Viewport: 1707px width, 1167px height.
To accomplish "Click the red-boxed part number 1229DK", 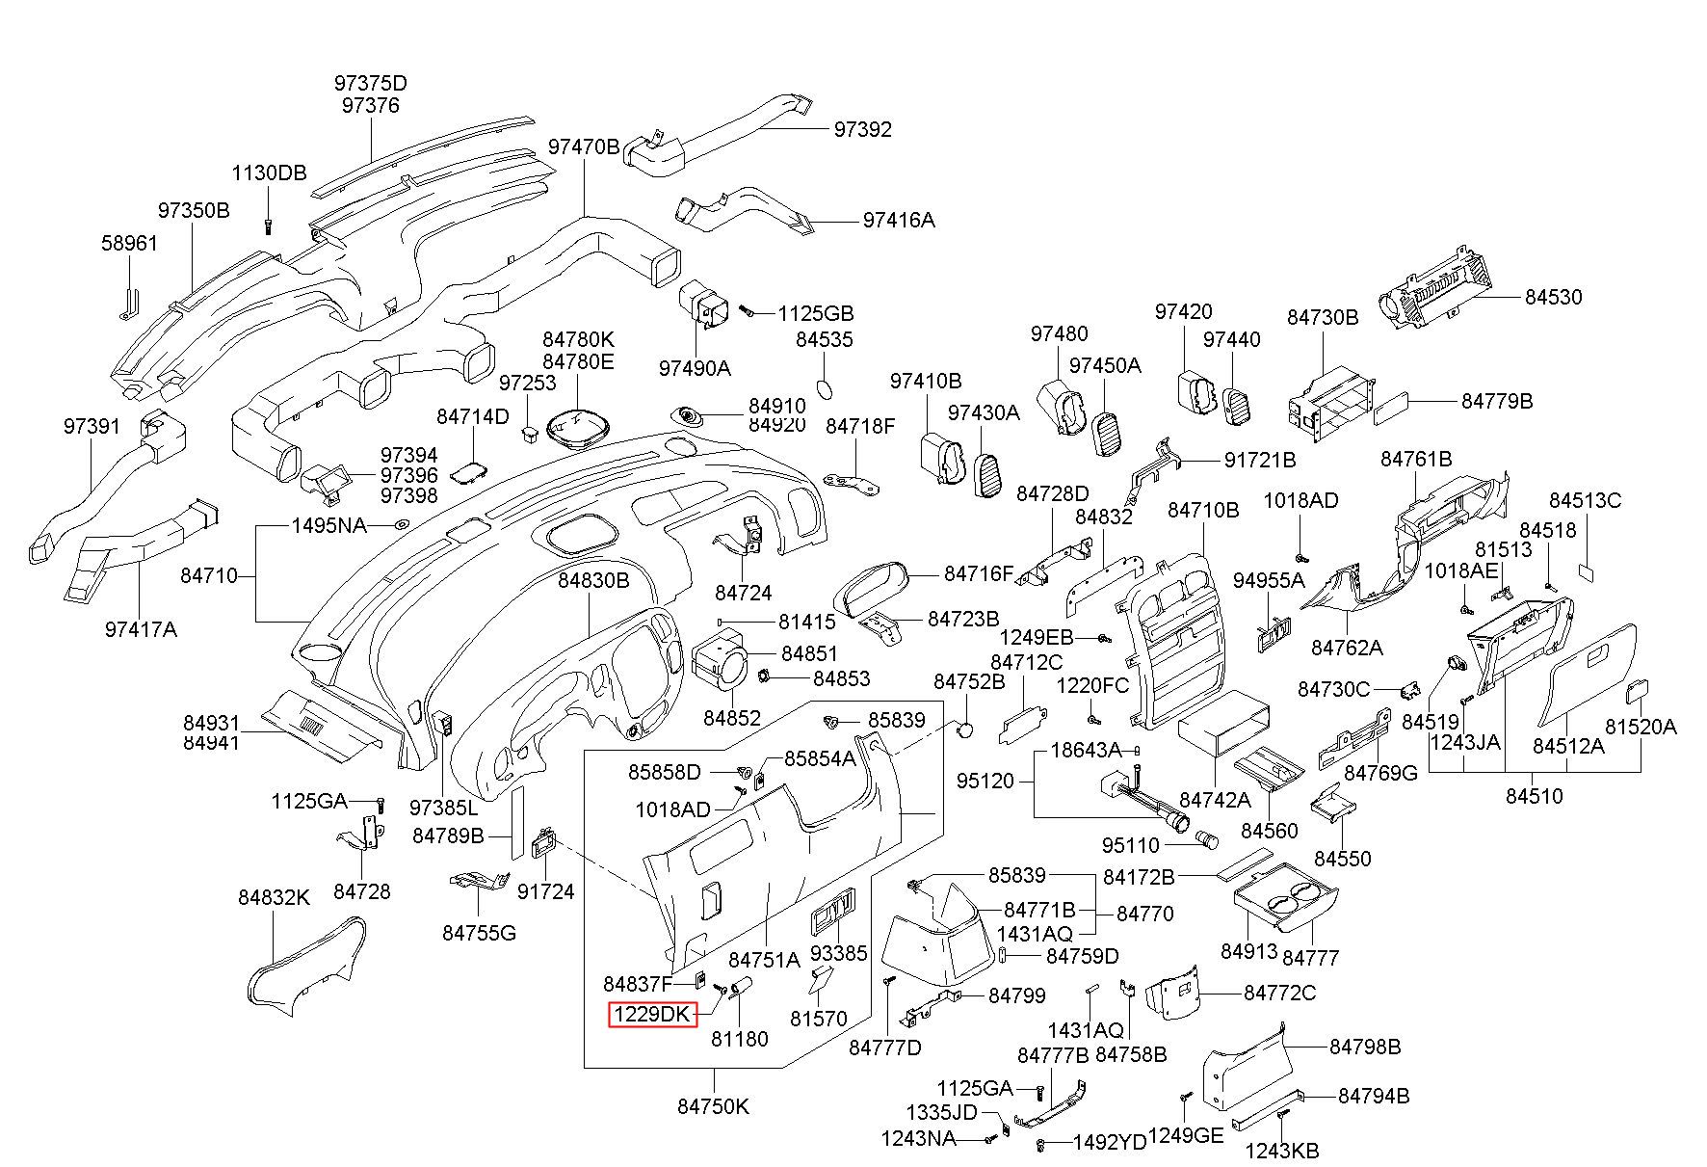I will click(x=652, y=1015).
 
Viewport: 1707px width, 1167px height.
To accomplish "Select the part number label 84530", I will click(x=1553, y=298).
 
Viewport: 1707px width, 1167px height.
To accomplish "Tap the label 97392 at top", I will click(x=862, y=129).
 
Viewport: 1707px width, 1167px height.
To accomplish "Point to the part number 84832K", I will click(x=275, y=897).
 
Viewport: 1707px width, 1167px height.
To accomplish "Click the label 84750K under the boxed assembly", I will click(x=713, y=1106).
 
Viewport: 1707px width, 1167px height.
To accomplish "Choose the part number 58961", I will click(x=129, y=243).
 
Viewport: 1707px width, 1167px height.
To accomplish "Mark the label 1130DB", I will click(x=269, y=173).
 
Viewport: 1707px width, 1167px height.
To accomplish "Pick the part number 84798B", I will click(x=1365, y=1047).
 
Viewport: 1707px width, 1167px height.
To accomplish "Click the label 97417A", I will click(x=141, y=629).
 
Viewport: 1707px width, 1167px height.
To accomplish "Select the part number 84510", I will click(x=1535, y=796).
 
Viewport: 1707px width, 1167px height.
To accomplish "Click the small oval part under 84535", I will click(x=825, y=387).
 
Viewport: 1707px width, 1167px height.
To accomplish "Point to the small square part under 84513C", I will click(x=1586, y=571).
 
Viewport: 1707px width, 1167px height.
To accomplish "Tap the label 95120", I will click(x=985, y=781).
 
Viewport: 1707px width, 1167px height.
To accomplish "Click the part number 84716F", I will click(x=979, y=574).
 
